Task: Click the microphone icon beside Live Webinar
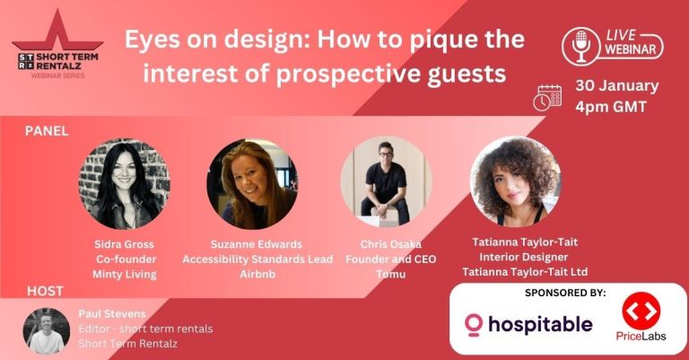[581, 46]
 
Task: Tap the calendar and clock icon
[547, 98]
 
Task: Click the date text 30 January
[617, 86]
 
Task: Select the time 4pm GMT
[611, 107]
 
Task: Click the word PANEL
[47, 131]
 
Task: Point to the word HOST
[45, 291]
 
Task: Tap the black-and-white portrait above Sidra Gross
[125, 184]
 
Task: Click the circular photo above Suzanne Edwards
[252, 184]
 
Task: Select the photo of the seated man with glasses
[387, 181]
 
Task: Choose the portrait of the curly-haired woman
[516, 181]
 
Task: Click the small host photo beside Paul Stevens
[46, 331]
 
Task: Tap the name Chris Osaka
[390, 244]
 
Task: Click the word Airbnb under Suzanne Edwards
[257, 274]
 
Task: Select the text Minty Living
[125, 275]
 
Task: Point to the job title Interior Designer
[524, 257]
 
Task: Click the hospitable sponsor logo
[528, 324]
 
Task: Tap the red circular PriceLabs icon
[641, 311]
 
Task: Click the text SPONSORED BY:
[565, 293]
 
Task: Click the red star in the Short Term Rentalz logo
[57, 33]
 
